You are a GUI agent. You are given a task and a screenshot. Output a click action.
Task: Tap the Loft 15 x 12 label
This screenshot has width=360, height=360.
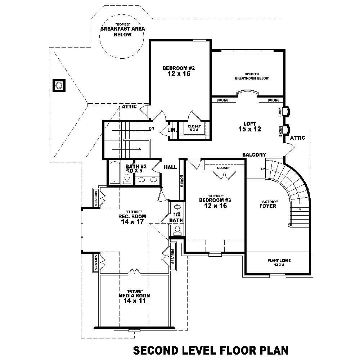point(249,126)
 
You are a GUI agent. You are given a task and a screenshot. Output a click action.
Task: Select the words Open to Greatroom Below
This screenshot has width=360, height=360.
point(252,76)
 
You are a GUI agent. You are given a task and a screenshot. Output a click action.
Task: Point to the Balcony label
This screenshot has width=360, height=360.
point(254,155)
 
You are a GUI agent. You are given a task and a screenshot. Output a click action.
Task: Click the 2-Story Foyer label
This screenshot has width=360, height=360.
point(268,204)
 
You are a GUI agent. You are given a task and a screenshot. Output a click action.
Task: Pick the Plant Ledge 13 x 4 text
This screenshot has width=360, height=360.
point(279,262)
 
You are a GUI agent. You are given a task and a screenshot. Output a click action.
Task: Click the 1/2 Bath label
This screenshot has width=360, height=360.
point(176,217)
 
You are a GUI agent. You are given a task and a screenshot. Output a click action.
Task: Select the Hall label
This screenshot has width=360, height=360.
point(170,167)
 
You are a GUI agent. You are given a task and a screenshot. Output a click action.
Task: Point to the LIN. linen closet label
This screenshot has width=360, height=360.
point(172,129)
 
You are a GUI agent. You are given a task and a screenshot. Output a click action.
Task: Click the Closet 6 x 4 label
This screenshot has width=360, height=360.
point(194,128)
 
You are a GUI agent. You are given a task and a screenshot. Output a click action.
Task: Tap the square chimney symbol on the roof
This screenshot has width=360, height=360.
point(59,86)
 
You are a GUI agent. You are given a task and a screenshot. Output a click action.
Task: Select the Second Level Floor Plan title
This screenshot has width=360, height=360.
point(211,350)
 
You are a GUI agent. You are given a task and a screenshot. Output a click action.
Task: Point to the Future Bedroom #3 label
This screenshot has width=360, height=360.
point(213,203)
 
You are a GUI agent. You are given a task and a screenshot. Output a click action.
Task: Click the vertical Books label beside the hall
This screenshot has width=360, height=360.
point(181,180)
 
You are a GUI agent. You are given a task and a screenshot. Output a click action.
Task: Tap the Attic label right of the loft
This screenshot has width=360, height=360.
point(297,138)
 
